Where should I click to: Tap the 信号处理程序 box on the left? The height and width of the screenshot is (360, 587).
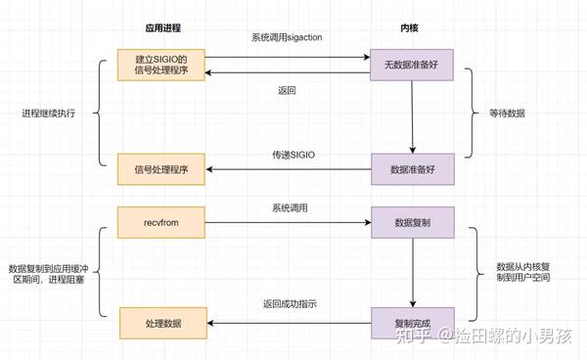click(160, 168)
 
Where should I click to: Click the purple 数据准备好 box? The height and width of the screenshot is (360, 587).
click(411, 168)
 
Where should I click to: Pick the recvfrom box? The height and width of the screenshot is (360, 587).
click(160, 222)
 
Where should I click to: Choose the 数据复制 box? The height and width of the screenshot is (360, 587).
click(411, 222)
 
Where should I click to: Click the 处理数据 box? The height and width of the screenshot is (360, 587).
click(160, 321)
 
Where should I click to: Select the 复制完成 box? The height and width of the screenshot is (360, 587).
click(411, 321)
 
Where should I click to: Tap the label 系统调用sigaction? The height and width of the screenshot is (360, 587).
click(286, 36)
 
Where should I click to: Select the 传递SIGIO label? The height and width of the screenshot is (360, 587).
click(286, 155)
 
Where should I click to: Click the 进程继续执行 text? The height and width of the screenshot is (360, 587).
click(48, 113)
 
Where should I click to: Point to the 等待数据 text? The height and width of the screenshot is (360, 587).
click(507, 113)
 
